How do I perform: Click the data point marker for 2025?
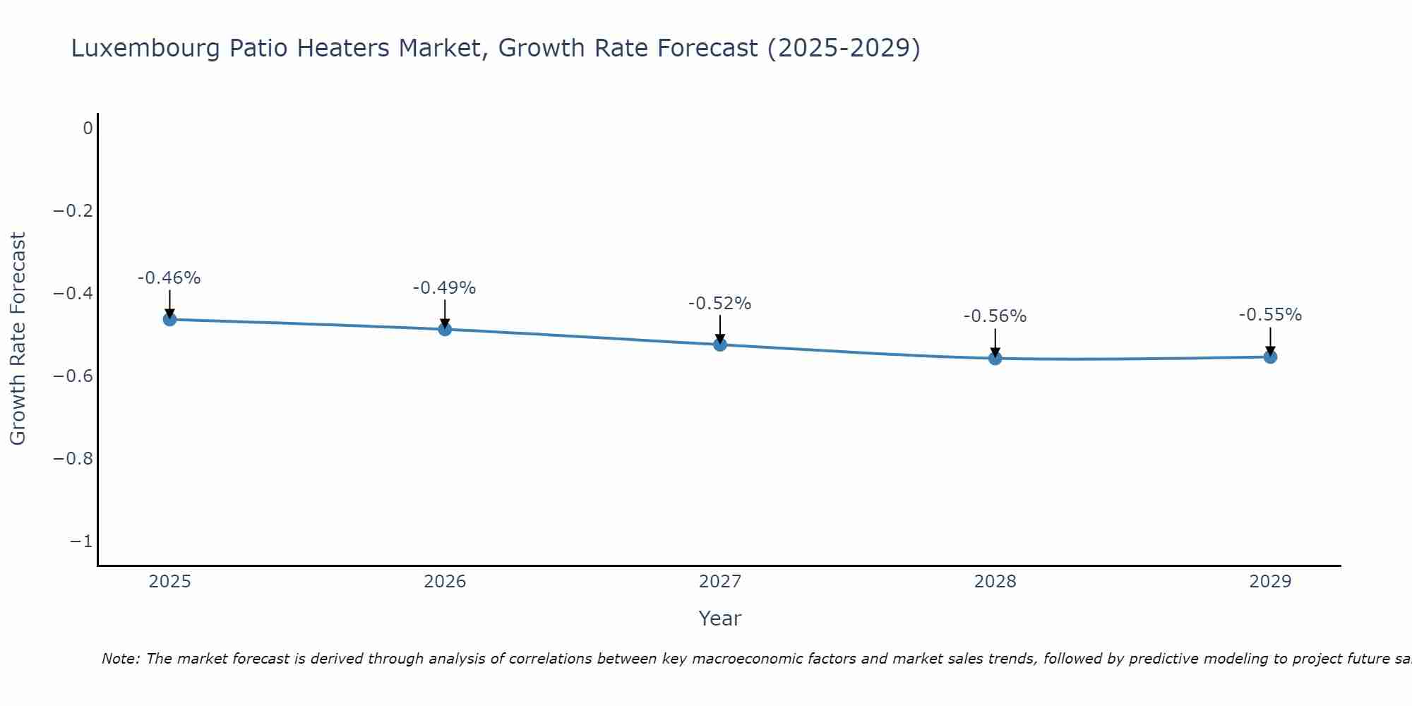pyautogui.click(x=169, y=319)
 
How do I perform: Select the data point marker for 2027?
pyautogui.click(x=720, y=345)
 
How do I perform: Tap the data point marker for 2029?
pyautogui.click(x=1270, y=357)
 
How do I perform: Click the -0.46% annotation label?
pyautogui.click(x=169, y=278)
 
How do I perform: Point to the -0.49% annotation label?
pyautogui.click(x=445, y=288)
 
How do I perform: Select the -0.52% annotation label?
pyautogui.click(x=720, y=304)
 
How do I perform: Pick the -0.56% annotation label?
pyautogui.click(x=995, y=316)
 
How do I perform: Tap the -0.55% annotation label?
pyautogui.click(x=1270, y=315)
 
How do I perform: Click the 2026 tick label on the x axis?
pyautogui.click(x=445, y=582)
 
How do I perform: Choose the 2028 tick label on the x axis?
pyautogui.click(x=995, y=582)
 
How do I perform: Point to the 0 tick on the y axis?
pyautogui.click(x=88, y=128)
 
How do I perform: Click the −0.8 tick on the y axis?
pyautogui.click(x=73, y=459)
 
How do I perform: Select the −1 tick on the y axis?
pyautogui.click(x=81, y=542)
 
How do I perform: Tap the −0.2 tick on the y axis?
pyautogui.click(x=73, y=211)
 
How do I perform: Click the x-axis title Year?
pyautogui.click(x=719, y=618)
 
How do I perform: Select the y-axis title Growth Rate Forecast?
pyautogui.click(x=18, y=339)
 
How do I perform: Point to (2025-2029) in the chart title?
pyautogui.click(x=844, y=48)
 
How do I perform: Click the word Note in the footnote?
pyautogui.click(x=121, y=659)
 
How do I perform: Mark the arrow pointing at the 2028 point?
pyautogui.click(x=995, y=342)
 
